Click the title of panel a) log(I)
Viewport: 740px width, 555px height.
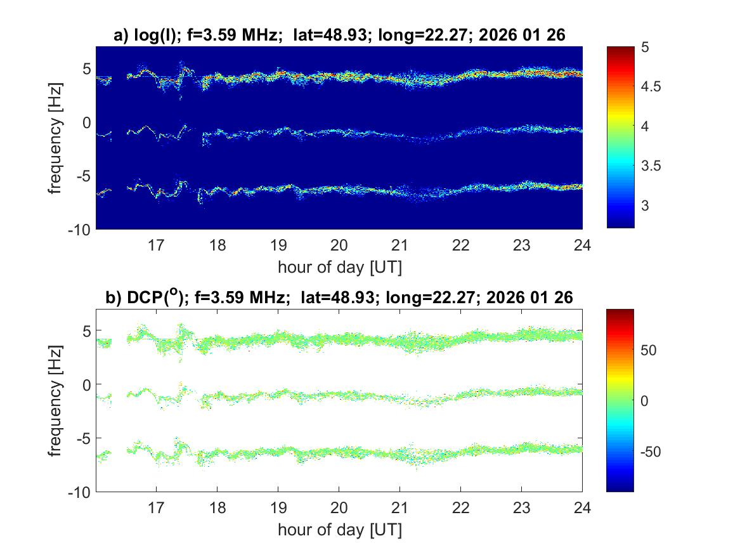(x=339, y=37)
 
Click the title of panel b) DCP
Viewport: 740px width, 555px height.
(x=339, y=297)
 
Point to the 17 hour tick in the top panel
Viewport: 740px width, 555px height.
(x=156, y=245)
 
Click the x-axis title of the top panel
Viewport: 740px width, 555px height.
(x=339, y=267)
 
